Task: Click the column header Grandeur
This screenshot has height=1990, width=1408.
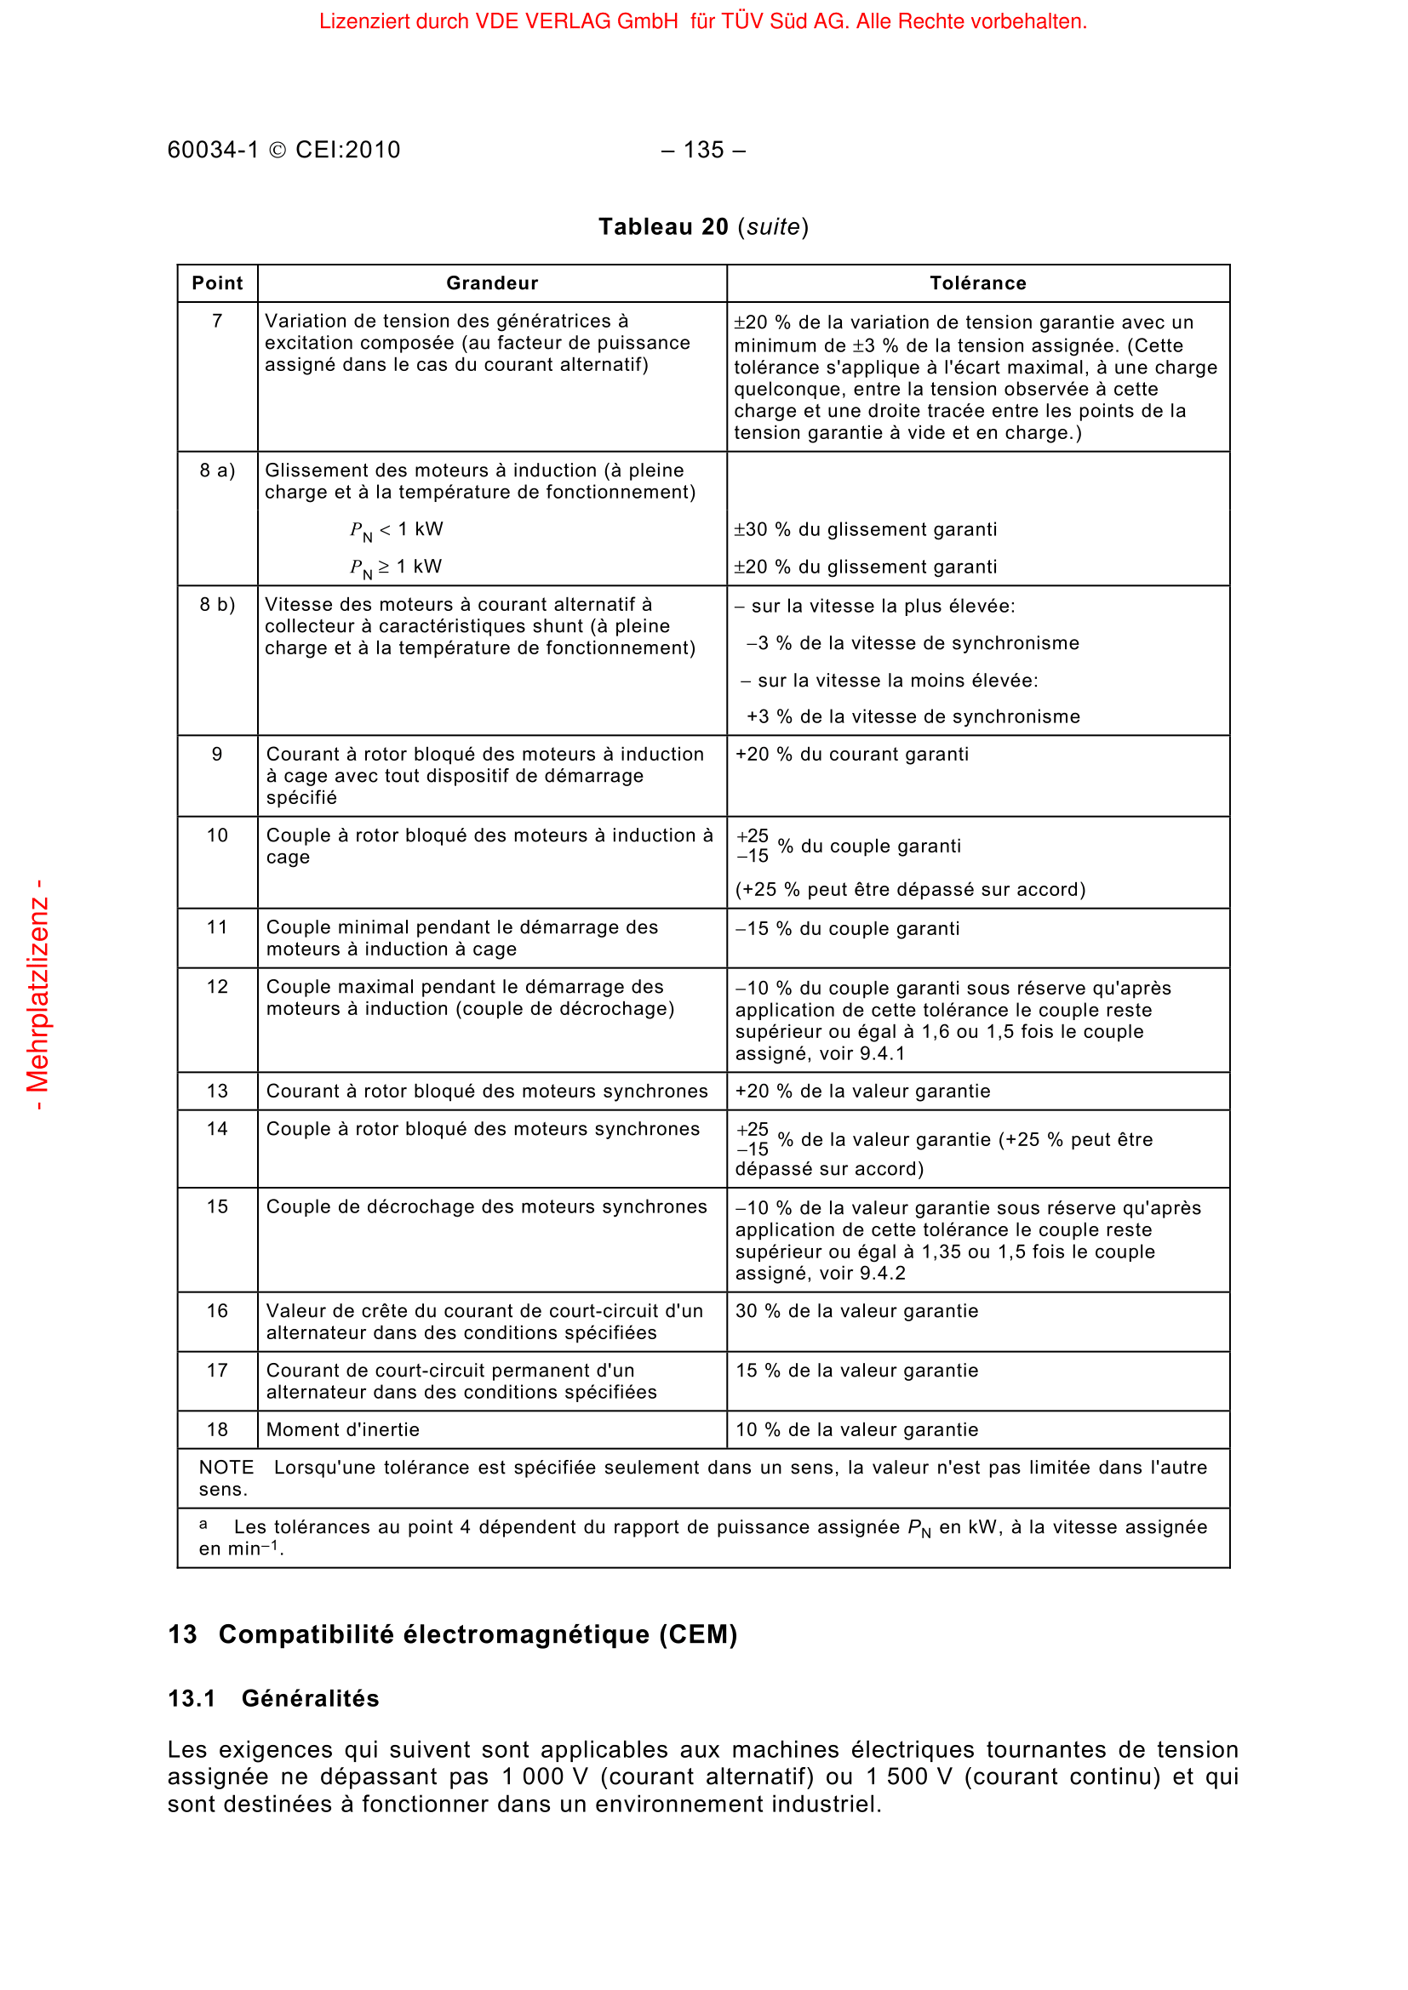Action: (x=491, y=283)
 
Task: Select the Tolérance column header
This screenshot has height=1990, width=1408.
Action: (x=977, y=283)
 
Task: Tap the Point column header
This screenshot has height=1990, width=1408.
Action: (x=218, y=283)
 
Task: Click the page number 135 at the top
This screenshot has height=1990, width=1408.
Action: (x=702, y=150)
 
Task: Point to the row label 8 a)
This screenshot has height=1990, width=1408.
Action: (x=218, y=470)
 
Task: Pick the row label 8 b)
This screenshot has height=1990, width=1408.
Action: (x=218, y=604)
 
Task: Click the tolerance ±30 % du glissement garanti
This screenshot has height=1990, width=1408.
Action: (x=865, y=529)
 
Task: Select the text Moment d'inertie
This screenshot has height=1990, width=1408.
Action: (x=342, y=1429)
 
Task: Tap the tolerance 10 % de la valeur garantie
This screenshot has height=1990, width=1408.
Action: (x=856, y=1429)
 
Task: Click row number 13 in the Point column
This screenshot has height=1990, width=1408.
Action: (x=218, y=1092)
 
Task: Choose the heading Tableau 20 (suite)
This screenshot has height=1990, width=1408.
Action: (x=703, y=227)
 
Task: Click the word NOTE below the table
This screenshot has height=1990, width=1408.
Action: (x=226, y=1468)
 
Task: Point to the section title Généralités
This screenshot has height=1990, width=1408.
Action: (x=311, y=1698)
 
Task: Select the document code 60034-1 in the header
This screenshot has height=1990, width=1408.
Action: (x=214, y=150)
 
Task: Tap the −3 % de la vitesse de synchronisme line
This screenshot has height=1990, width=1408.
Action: (x=913, y=643)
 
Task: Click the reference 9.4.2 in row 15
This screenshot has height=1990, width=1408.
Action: (x=883, y=1274)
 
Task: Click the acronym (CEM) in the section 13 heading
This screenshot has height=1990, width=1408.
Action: (x=698, y=1634)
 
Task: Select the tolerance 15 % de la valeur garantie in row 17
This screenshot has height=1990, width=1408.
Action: (x=856, y=1371)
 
